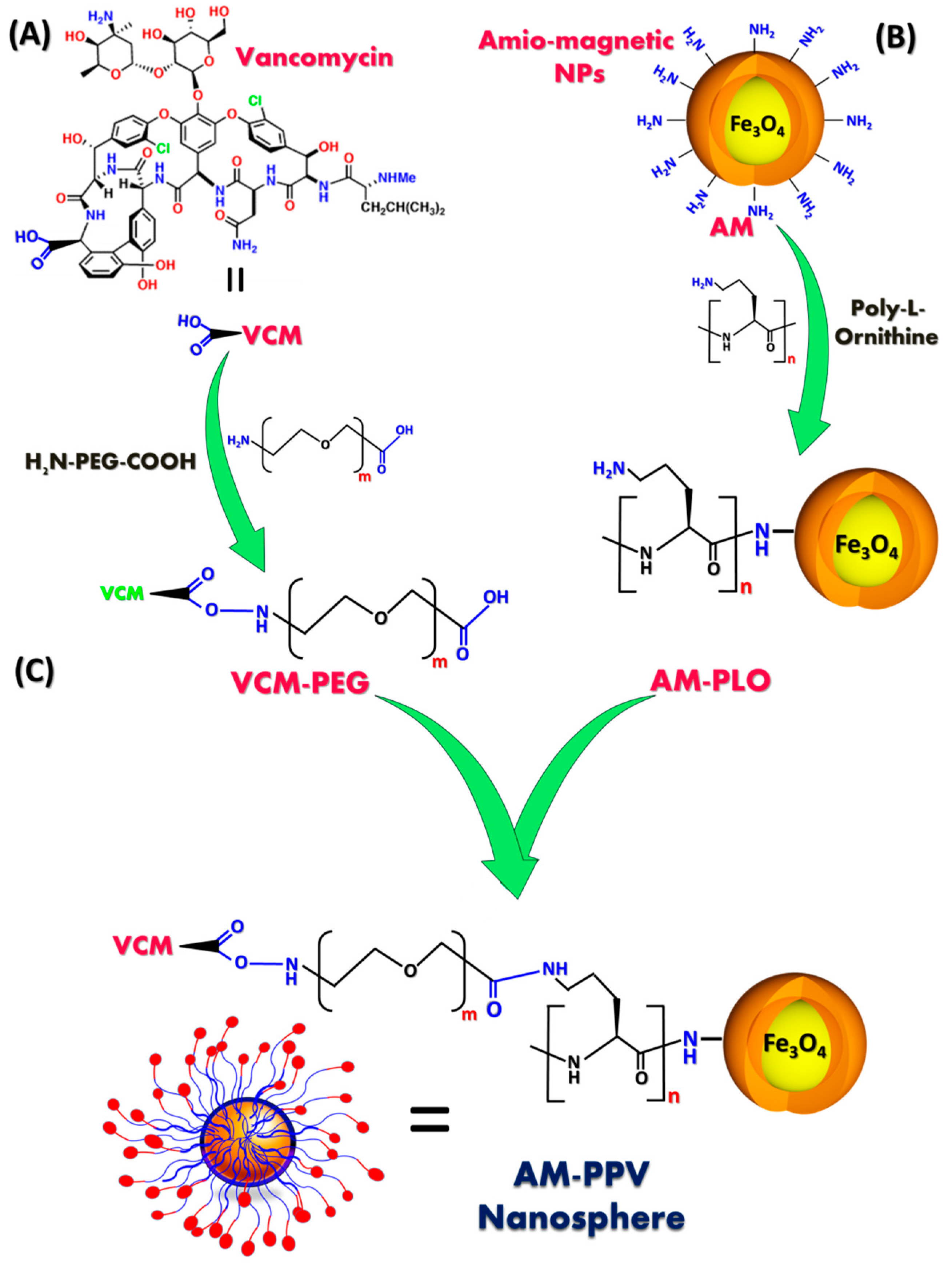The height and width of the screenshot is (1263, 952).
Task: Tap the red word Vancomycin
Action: [315, 58]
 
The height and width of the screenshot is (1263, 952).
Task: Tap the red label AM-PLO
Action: [710, 680]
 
